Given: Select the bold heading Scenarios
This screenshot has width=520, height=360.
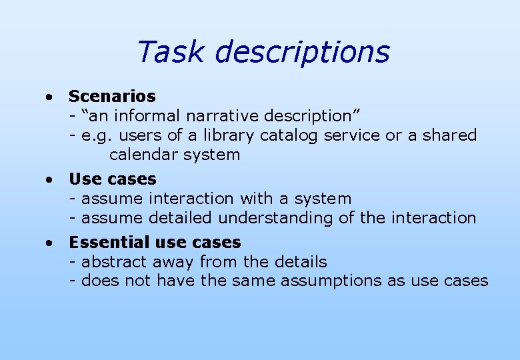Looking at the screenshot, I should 112,97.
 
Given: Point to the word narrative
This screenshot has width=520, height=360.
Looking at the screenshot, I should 221,116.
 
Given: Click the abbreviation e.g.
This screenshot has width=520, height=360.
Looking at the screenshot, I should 96,136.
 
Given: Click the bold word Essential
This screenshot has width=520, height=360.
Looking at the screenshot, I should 103,242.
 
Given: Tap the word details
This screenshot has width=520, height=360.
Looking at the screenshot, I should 299,261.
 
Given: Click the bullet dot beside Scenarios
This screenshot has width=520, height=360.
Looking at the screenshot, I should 49,97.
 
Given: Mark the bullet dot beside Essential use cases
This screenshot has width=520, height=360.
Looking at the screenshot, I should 49,243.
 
